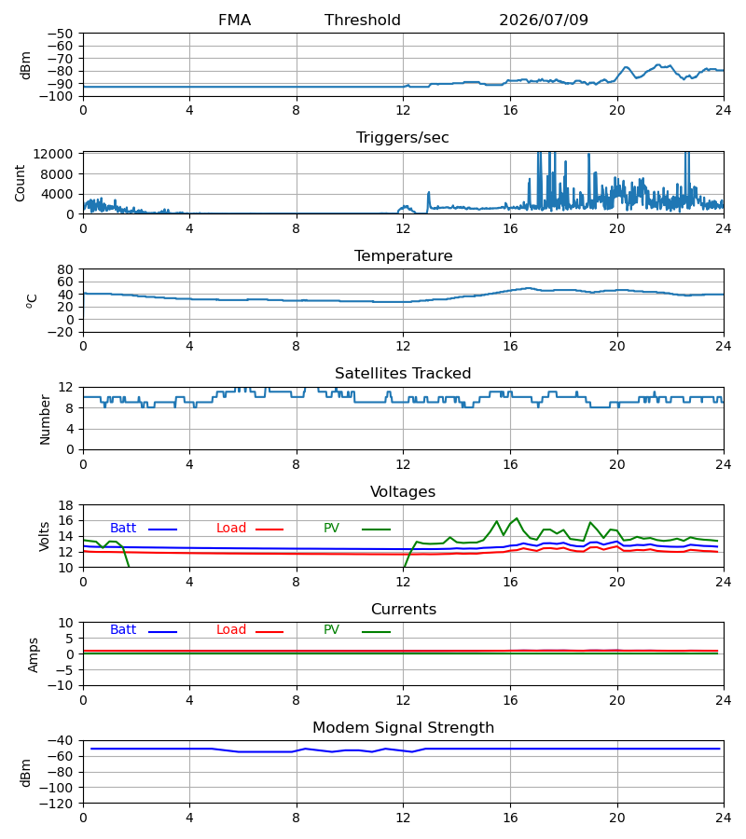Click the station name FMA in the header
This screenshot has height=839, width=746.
coord(234,20)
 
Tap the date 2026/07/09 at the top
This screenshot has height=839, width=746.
coord(544,20)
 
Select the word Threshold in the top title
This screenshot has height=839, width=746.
coord(363,20)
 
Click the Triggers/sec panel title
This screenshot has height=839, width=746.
coord(403,138)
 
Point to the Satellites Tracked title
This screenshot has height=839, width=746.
coord(403,373)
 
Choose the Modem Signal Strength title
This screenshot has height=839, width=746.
coord(403,728)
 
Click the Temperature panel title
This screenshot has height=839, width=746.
coord(403,255)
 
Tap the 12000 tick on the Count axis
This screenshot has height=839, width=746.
coord(53,154)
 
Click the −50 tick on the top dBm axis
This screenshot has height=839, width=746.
coord(60,34)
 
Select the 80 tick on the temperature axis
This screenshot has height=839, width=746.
coord(65,269)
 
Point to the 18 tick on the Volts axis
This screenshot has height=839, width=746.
coord(65,505)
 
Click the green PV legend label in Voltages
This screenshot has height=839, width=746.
coord(331,529)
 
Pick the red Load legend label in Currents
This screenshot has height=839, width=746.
coord(231,630)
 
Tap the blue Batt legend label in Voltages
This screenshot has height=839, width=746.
coord(123,529)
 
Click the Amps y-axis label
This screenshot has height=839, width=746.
coord(34,655)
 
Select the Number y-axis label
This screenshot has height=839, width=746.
coord(45,420)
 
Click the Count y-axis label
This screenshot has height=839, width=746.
coord(20,183)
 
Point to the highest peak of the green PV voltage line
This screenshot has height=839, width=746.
coord(517,518)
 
